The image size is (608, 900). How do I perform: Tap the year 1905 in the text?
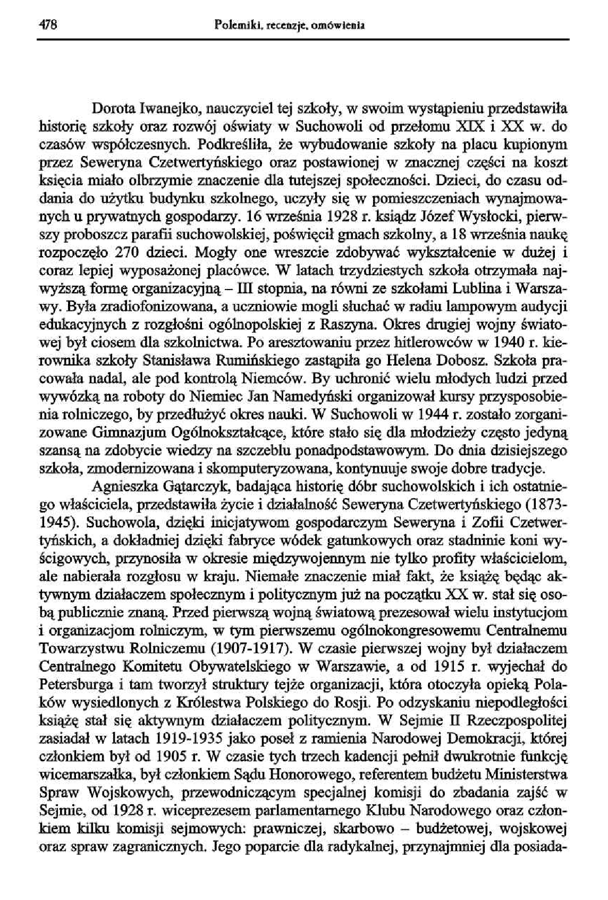tap(146, 755)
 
